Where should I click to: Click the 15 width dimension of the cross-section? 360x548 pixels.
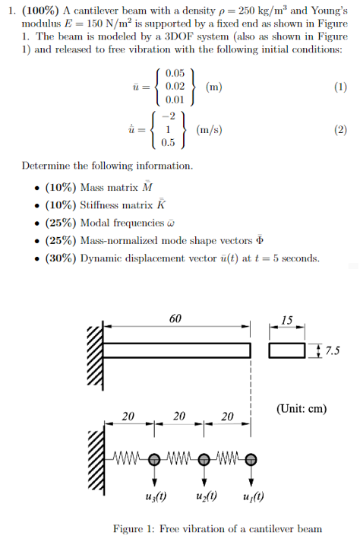287,319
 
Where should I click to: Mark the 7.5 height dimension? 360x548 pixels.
332,350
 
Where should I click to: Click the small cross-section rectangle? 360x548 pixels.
287,350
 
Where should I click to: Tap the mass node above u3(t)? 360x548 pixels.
154,459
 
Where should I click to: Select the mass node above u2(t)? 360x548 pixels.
204,459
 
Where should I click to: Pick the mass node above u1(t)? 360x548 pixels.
251,459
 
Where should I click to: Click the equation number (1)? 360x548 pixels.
340,87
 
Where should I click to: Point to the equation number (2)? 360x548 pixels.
340,129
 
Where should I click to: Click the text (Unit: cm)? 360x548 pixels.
302,408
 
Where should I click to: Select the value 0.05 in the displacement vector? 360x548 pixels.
175,74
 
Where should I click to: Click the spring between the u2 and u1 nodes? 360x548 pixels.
228,459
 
